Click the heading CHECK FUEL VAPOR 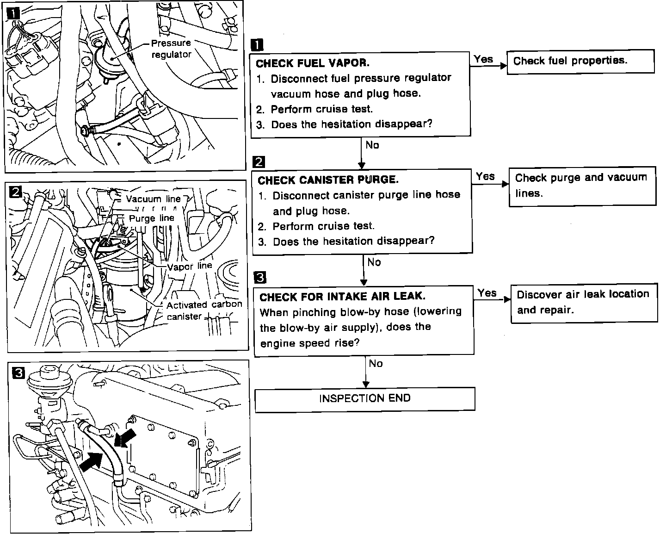tap(312, 63)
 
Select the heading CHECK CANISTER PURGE tap(328, 180)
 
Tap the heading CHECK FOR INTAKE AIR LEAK tap(342, 297)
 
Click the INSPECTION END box tap(364, 398)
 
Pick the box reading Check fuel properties tap(580, 61)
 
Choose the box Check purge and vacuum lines tap(582, 185)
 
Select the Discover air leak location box tap(584, 302)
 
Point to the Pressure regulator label tap(171, 49)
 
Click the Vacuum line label tap(153, 199)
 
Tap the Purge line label tap(151, 218)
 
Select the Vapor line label tap(189, 266)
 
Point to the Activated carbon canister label tap(204, 310)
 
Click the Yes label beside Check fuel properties tap(483, 59)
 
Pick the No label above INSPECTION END tap(376, 364)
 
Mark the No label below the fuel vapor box tap(372, 145)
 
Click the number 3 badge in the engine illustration tap(18, 373)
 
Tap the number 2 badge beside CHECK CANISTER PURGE tap(259, 161)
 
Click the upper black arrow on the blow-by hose tap(126, 438)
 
